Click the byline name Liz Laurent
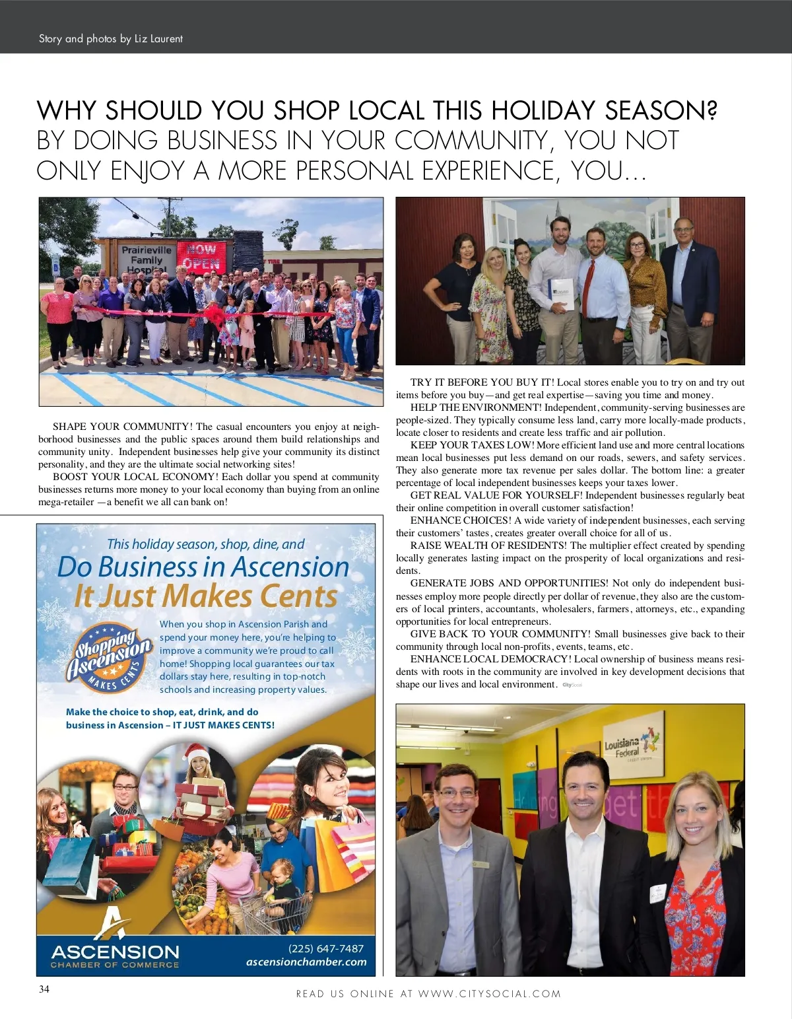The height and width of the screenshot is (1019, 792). point(158,39)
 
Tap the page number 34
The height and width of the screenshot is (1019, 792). point(44,989)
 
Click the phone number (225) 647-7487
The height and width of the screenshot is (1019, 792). point(326,948)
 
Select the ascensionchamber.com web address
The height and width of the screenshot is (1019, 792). point(306,962)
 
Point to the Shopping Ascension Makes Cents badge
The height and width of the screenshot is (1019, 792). point(110,657)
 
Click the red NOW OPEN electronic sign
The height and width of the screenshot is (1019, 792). point(201,257)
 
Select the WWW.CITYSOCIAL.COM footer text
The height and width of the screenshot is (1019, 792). point(489,993)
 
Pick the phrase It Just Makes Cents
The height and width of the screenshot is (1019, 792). point(206,596)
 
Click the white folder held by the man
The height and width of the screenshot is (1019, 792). point(560,293)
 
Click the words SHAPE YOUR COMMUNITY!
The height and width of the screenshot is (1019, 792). point(123,427)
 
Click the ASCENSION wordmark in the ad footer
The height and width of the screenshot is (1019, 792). point(115,952)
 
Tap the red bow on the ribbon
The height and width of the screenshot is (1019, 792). point(215,314)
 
